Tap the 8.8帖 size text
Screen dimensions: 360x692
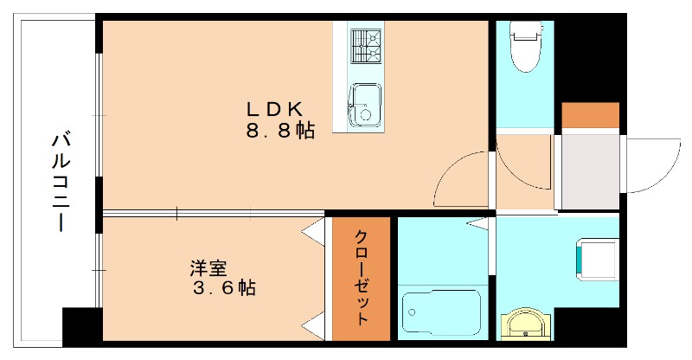(279, 132)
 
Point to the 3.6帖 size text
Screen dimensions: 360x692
(223, 289)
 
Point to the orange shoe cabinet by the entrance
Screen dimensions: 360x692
(591, 115)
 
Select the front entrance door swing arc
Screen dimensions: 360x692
(654, 164)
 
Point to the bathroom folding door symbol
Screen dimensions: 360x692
(477, 225)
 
